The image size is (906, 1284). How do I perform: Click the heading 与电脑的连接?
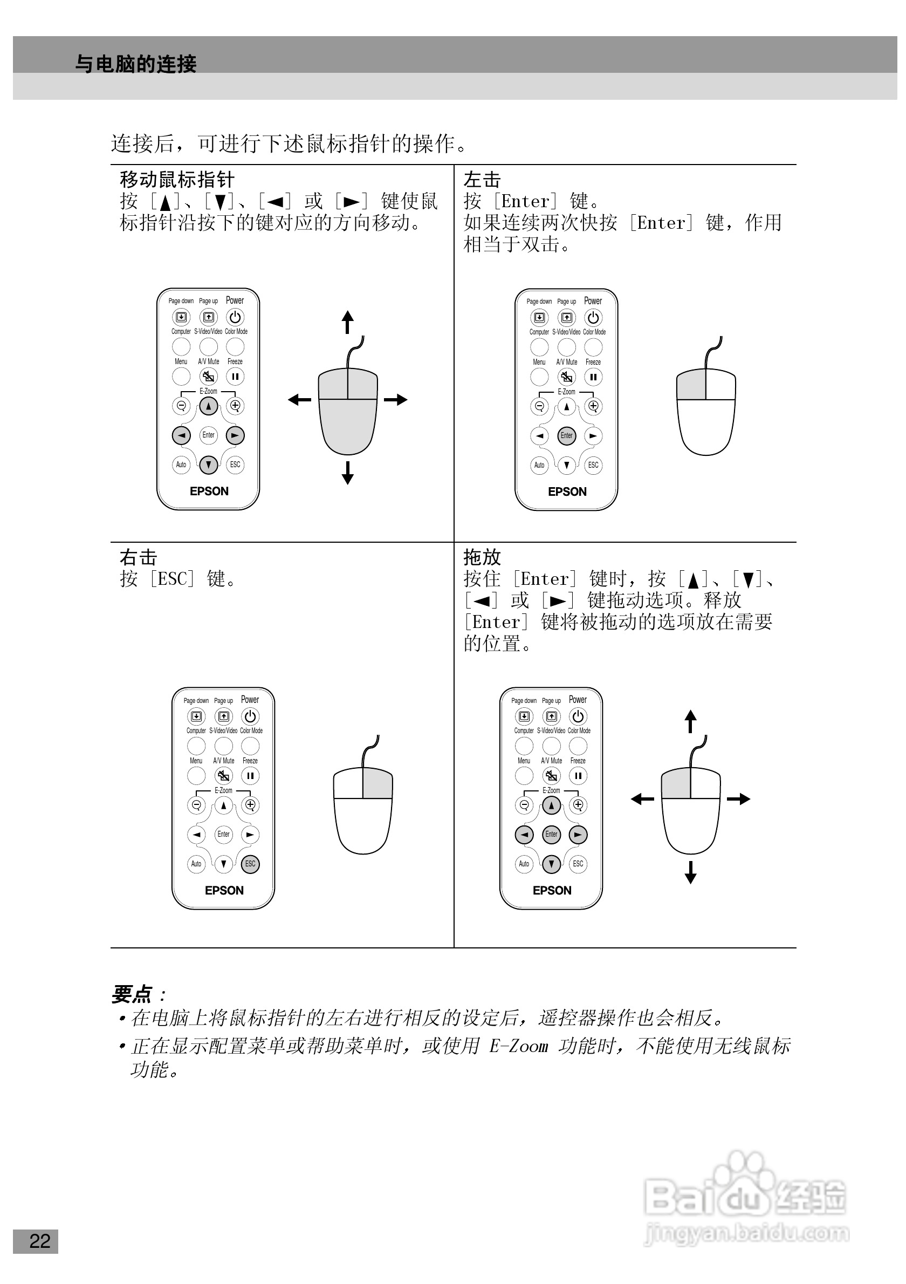(x=136, y=64)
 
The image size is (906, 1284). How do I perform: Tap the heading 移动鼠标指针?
(x=177, y=180)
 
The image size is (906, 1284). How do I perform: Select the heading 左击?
(x=482, y=180)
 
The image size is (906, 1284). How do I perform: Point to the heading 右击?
(x=138, y=557)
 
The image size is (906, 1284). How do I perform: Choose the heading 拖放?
(x=482, y=557)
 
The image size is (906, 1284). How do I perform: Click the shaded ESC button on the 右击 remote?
(x=250, y=863)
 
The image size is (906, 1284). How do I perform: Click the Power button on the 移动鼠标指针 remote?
(x=235, y=317)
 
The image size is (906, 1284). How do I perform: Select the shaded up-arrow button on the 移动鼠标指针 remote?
(x=209, y=406)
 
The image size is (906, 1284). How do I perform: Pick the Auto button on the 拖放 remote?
(x=524, y=863)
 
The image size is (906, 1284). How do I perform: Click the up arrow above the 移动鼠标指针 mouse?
(x=348, y=322)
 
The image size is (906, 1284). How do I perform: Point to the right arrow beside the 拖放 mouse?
(x=738, y=798)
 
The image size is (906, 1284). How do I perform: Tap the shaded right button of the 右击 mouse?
(x=377, y=783)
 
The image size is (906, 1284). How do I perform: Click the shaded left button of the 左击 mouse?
(x=691, y=384)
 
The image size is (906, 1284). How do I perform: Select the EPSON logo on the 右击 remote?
(x=224, y=890)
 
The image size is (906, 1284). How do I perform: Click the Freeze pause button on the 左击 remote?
(x=593, y=377)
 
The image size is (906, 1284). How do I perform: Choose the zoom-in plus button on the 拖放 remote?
(x=578, y=805)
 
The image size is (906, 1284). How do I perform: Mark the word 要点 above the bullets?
(x=132, y=994)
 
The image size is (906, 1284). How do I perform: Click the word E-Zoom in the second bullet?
(x=518, y=1045)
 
